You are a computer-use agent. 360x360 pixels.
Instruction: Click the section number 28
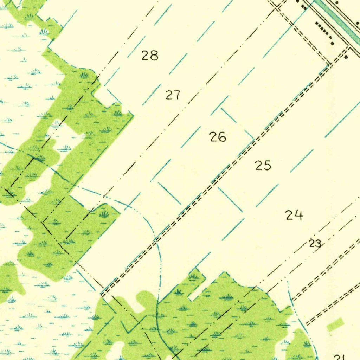150,56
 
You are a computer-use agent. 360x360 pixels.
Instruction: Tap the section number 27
173,95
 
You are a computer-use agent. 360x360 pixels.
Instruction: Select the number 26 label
218,137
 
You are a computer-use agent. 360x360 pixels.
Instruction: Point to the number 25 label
263,165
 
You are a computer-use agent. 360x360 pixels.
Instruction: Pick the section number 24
294,215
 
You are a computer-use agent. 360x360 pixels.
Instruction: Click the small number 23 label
315,243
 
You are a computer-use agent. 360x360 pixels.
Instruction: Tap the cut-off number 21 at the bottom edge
339,357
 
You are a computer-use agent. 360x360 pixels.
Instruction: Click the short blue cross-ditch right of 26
237,123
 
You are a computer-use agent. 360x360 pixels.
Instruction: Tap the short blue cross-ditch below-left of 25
230,200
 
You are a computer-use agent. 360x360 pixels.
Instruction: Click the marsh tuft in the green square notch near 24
193,277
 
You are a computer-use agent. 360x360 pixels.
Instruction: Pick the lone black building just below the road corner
346,57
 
